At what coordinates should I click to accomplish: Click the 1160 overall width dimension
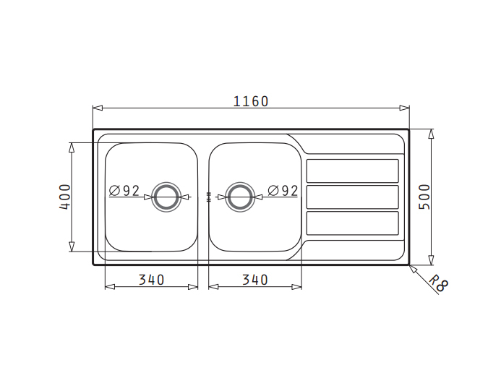pos(251,102)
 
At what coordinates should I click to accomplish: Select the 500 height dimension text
pos(424,197)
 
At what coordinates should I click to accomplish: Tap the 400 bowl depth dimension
pos(64,197)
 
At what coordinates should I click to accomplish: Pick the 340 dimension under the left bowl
pos(151,280)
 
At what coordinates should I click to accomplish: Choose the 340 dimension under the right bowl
pos(255,280)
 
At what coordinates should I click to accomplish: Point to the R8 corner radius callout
pos(438,283)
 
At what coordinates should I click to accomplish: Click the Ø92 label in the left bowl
pos(124,191)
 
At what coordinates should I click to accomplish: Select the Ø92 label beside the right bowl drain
pos(283,191)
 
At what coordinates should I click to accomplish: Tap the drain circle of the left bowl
pos(166,183)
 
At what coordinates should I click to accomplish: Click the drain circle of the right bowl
pos(240,183)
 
